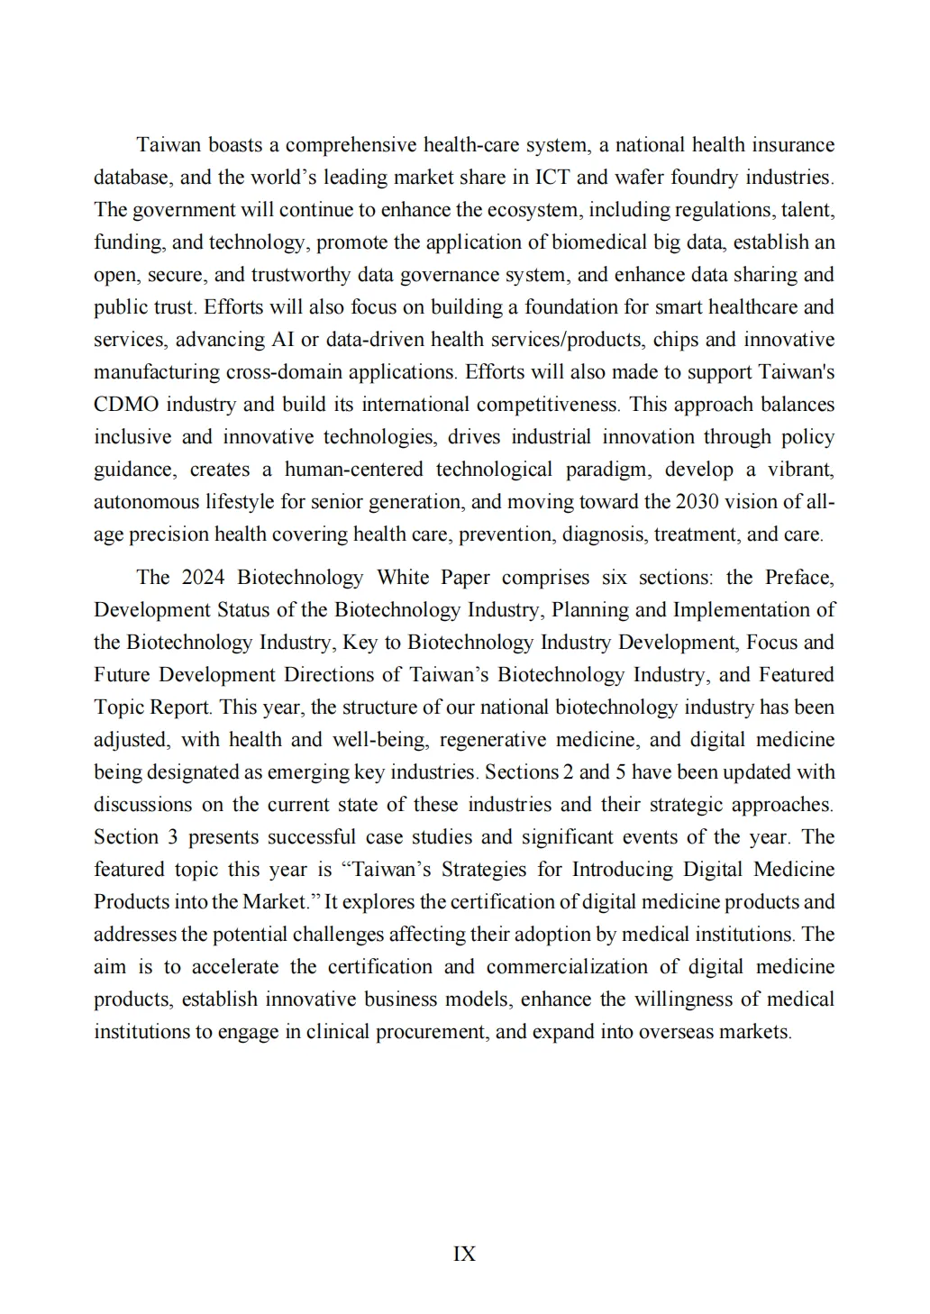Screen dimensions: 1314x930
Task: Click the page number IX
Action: click(464, 1254)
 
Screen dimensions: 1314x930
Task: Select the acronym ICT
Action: click(552, 178)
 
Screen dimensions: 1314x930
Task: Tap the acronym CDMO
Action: click(126, 405)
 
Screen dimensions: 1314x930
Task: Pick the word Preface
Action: click(798, 578)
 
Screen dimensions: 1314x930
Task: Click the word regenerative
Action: click(493, 740)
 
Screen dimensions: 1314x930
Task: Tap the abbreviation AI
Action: click(281, 340)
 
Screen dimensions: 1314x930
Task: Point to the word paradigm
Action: click(606, 470)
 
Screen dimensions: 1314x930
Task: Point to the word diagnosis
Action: click(603, 534)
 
